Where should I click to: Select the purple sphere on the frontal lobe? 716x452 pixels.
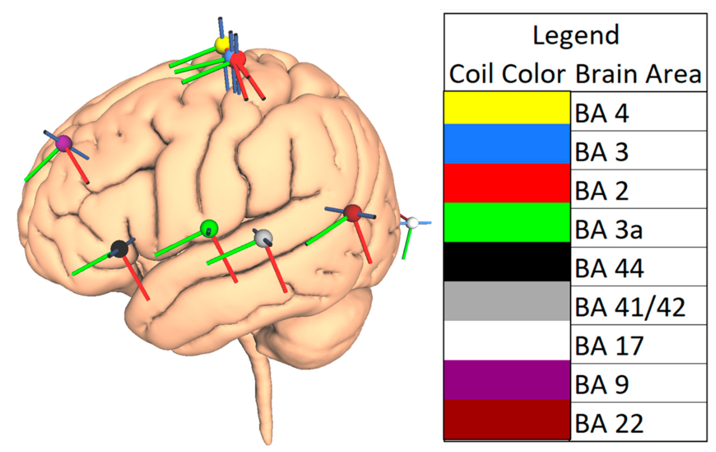pyautogui.click(x=64, y=143)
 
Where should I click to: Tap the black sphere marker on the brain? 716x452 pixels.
pyautogui.click(x=119, y=249)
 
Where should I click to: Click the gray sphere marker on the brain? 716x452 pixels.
pyautogui.click(x=263, y=238)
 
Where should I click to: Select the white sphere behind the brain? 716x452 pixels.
pyautogui.click(x=412, y=223)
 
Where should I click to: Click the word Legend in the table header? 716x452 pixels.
pyautogui.click(x=576, y=36)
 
